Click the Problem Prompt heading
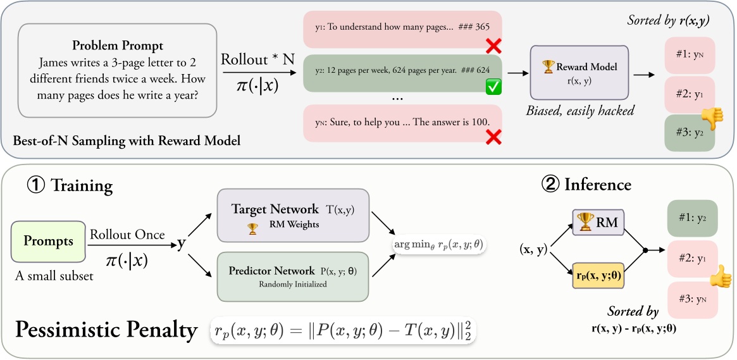118,46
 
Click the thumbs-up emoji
719,276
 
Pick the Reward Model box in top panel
579,71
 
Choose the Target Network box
292,215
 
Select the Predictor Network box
292,276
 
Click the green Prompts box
48,241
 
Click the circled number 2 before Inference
550,184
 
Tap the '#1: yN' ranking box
690,54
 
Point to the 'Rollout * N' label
257,59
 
